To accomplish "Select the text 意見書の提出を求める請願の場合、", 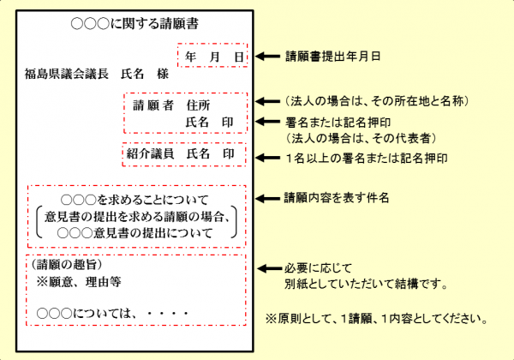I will [136, 215].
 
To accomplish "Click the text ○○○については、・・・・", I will [111, 313].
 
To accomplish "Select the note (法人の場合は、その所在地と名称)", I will [375, 101].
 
